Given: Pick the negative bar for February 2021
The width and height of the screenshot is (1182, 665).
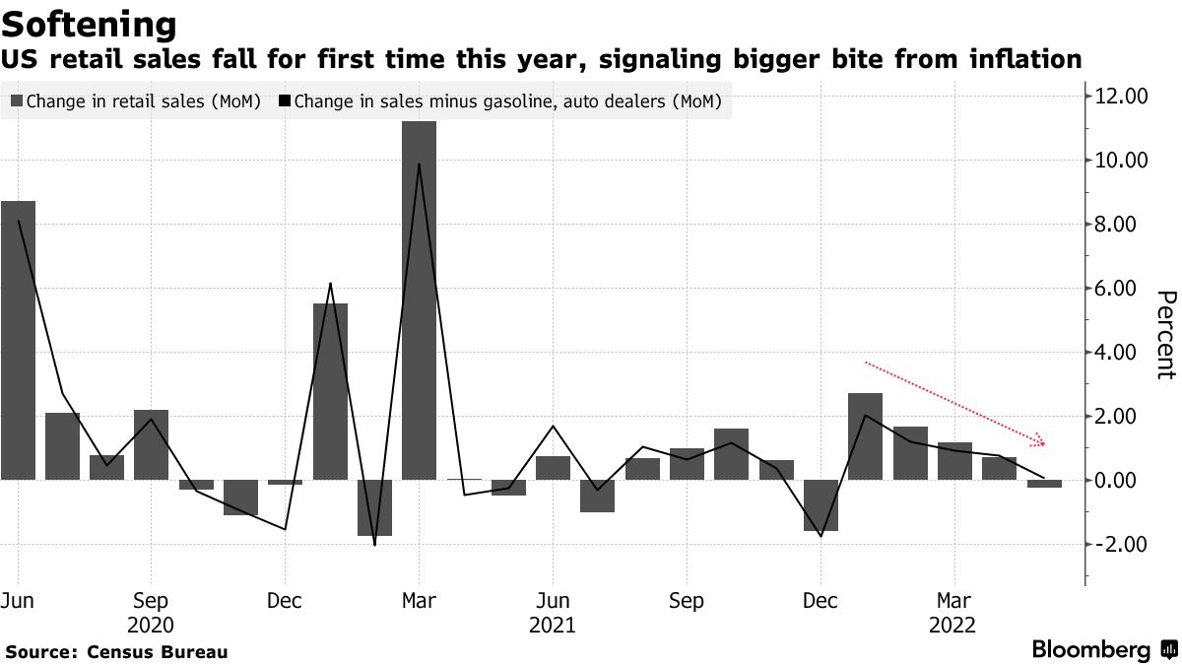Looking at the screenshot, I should [374, 507].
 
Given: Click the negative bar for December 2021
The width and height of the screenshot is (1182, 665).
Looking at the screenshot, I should [821, 505].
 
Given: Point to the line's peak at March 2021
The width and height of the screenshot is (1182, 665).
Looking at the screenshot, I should [420, 165].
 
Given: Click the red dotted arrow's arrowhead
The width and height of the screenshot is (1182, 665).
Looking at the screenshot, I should [1038, 442].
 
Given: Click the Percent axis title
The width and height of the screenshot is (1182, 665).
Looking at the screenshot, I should [1166, 335].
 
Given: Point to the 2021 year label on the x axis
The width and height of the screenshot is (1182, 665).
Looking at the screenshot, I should [553, 625].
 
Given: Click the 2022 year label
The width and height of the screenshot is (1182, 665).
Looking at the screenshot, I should [953, 625].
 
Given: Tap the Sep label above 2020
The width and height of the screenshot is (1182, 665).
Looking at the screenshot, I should [151, 601].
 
